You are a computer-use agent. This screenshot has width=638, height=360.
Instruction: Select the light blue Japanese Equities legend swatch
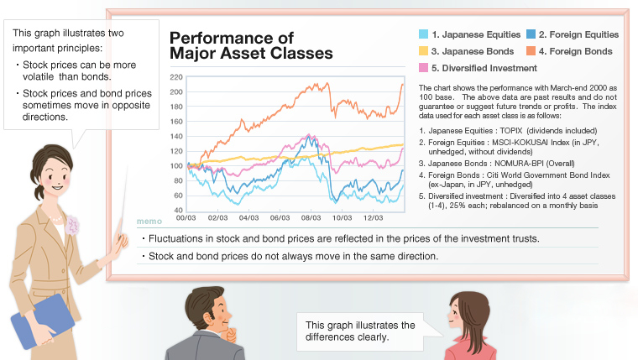(424, 34)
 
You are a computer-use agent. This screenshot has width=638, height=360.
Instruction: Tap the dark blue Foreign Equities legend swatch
(531, 34)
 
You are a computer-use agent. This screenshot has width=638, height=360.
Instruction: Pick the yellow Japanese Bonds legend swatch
(424, 51)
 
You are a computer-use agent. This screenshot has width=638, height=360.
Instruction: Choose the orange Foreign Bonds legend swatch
(531, 51)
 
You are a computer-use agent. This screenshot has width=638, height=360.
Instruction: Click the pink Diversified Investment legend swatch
(424, 67)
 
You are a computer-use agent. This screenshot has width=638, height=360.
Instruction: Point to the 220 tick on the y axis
(175, 77)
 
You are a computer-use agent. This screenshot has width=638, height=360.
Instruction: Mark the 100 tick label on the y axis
(175, 165)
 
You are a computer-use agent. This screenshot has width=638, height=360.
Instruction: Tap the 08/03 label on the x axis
(311, 217)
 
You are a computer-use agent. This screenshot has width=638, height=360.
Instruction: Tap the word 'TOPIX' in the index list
(518, 131)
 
